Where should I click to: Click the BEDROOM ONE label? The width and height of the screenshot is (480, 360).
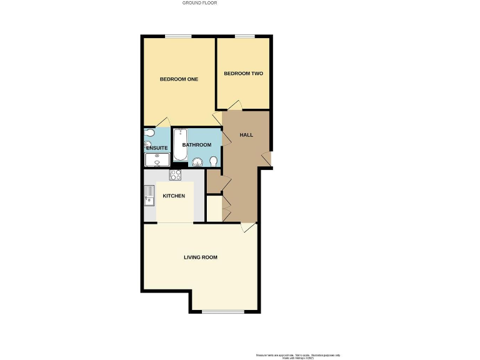(179, 79)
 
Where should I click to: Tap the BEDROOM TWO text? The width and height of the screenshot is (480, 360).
(243, 73)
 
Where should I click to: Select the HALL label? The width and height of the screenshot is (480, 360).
(246, 135)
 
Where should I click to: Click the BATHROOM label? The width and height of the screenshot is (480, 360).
(197, 145)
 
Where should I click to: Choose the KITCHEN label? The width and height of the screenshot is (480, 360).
(174, 196)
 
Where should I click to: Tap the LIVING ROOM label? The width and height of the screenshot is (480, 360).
(200, 257)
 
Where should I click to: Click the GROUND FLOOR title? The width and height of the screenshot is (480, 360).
(199, 3)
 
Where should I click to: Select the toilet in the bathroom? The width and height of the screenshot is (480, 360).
(214, 161)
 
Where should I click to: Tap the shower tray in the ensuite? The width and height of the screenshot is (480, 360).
(157, 160)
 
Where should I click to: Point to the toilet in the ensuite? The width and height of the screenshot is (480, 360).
(148, 133)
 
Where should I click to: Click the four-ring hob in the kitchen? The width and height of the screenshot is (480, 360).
(175, 175)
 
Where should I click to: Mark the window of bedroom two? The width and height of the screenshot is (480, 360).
(244, 36)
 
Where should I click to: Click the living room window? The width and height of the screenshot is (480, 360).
(223, 311)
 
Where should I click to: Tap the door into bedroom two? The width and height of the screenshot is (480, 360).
(234, 106)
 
